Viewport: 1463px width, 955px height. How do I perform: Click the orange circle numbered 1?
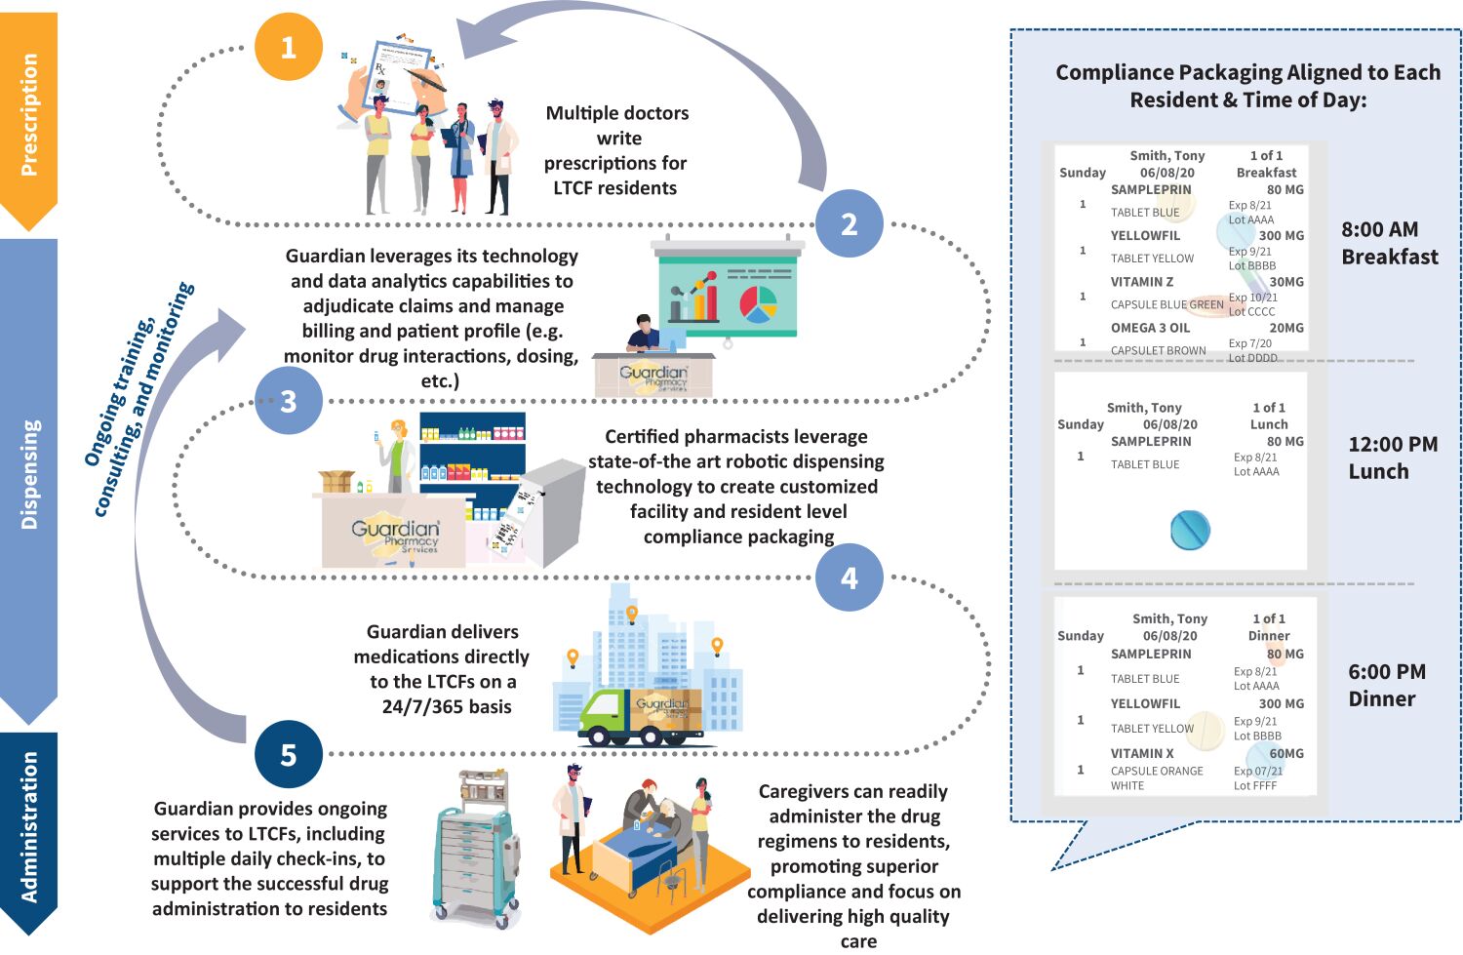[x=288, y=47]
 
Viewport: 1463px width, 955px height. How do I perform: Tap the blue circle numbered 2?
[x=849, y=223]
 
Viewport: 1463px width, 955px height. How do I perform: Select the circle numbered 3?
[x=288, y=401]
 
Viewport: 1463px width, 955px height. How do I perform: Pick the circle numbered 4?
[x=849, y=577]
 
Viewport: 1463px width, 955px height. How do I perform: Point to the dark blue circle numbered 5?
[x=288, y=754]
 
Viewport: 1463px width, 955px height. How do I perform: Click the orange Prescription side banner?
[x=29, y=115]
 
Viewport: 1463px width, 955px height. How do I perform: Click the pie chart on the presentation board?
[x=758, y=303]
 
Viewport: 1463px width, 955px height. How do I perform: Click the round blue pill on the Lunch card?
[x=1190, y=530]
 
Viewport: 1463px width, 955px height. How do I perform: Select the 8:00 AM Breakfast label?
[x=1389, y=243]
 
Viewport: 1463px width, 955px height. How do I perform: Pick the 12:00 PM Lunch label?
[x=1392, y=458]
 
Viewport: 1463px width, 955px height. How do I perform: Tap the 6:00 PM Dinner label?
[x=1386, y=685]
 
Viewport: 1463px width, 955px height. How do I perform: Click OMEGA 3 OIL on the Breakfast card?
[x=1150, y=328]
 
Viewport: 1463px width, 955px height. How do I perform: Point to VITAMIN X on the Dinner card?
[x=1142, y=753]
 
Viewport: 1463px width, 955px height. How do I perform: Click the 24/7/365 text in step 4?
[x=446, y=706]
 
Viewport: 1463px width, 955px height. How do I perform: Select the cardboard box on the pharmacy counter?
[x=337, y=481]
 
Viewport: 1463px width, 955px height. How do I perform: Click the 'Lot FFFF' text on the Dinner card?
[x=1254, y=785]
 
